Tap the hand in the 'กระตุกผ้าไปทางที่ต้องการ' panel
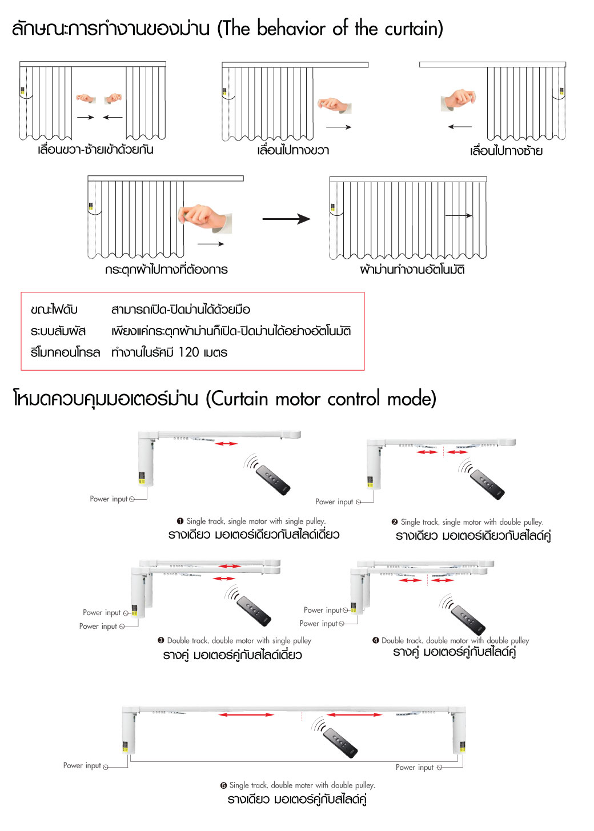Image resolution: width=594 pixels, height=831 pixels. (203, 218)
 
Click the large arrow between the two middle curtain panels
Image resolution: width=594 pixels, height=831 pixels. (286, 219)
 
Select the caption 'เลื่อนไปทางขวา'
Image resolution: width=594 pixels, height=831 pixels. (293, 150)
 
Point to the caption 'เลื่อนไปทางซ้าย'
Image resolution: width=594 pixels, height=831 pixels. (506, 151)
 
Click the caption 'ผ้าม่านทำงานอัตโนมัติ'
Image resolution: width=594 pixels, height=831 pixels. (412, 270)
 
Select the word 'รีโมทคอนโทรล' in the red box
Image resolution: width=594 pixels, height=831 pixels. (65, 352)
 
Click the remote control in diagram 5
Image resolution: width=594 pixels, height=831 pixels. (340, 742)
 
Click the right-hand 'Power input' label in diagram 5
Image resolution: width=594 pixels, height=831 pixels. (415, 768)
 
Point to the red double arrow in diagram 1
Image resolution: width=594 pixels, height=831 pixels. (226, 443)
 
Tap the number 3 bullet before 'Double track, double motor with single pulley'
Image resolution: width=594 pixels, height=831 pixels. (161, 640)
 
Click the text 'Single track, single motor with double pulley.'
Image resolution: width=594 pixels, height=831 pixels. (472, 522)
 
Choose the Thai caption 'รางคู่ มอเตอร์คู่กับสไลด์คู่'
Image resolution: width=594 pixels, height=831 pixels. (454, 652)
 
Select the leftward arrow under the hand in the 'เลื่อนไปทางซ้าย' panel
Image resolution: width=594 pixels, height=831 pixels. (460, 126)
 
